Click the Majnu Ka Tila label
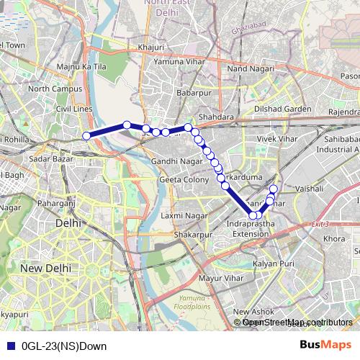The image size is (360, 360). [x=81, y=67]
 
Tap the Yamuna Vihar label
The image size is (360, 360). [x=174, y=61]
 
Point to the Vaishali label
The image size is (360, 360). [x=308, y=187]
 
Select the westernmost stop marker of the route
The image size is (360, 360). [x=86, y=135]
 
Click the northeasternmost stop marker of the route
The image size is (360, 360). [x=274, y=189]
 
